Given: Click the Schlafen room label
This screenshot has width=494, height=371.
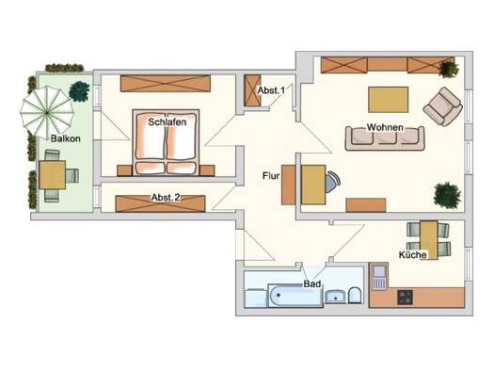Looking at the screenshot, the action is tap(167, 122).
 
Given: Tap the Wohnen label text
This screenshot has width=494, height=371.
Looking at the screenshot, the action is tap(385, 127).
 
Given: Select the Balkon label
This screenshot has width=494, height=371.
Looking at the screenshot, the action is tap(66, 138).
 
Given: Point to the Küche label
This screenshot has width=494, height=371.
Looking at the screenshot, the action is tap(413, 254).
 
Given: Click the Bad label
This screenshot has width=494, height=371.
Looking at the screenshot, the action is tap(311, 283).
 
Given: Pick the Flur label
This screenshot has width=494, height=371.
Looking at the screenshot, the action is tap(271, 175).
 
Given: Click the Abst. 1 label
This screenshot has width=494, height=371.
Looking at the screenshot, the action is tap(271, 90).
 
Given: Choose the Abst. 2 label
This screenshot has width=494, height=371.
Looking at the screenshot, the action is tap(166, 198).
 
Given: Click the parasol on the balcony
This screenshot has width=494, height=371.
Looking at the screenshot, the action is tap(47, 112).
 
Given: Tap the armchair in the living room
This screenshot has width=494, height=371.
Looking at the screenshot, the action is tap(442, 106).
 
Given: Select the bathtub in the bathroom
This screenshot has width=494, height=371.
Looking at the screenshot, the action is tap(295, 295).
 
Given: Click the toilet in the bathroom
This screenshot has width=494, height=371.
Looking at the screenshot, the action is tap(355, 295).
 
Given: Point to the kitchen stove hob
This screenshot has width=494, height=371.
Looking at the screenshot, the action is tap(405, 298).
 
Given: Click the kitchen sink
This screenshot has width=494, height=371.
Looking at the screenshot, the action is tap(379, 277).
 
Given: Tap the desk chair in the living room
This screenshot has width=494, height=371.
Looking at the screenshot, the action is tap(333, 182).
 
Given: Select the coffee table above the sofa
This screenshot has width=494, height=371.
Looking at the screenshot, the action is tap(388, 100).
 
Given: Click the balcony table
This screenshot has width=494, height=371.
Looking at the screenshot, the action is tap(53, 174).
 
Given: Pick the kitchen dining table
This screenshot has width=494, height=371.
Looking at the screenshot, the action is tap(429, 240).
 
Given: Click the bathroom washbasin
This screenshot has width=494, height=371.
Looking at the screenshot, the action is tap(335, 297).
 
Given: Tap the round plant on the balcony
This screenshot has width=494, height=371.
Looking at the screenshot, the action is tap(79, 91).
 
